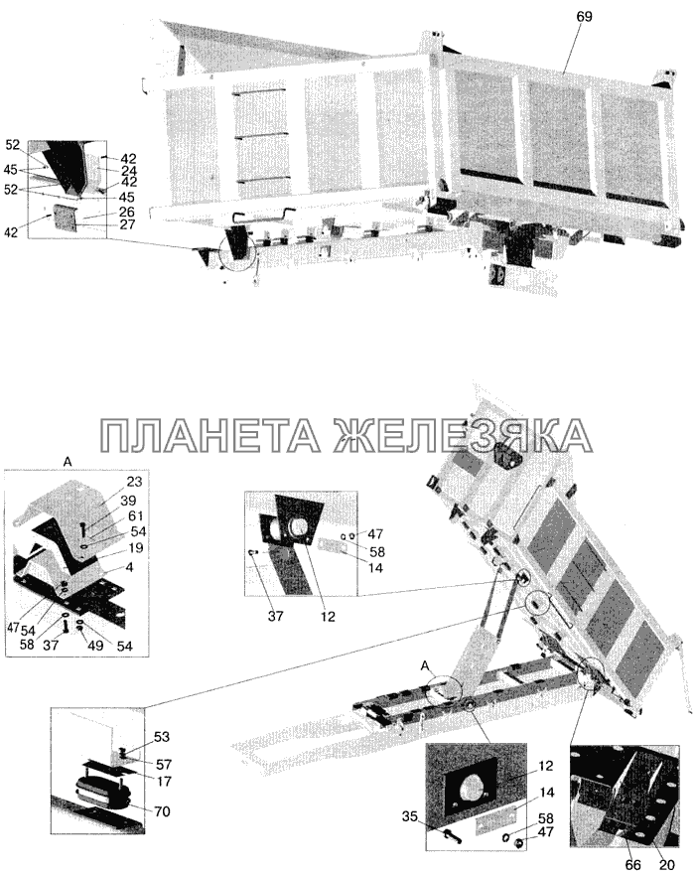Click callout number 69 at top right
[584, 17]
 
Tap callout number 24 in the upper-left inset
[129, 171]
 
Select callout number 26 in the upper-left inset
[127, 212]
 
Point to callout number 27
[127, 224]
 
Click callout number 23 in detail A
[135, 482]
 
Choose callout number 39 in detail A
[128, 501]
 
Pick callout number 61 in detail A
[136, 516]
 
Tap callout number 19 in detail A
[136, 547]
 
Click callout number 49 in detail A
[95, 646]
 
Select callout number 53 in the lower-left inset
[162, 737]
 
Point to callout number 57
[164, 765]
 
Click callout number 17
[164, 781]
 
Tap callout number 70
[162, 810]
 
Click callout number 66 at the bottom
[633, 865]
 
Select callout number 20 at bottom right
[667, 865]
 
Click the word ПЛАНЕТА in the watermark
[210, 435]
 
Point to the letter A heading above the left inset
[68, 462]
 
